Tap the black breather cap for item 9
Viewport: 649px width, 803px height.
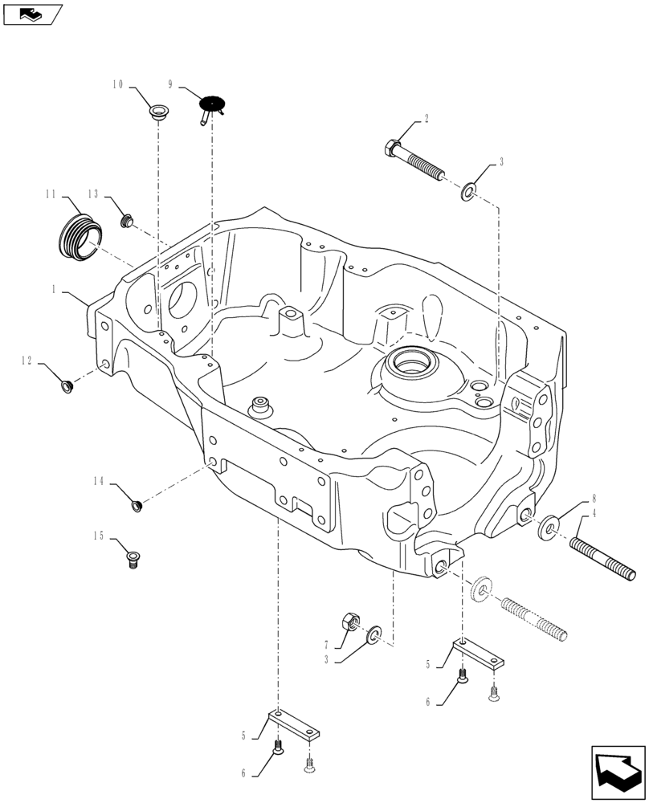tap(210, 105)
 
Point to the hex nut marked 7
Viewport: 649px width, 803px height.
tap(350, 622)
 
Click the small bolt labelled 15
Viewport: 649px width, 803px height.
tap(134, 559)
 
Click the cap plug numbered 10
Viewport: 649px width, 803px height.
tap(158, 110)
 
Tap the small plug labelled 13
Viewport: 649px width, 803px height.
tap(126, 219)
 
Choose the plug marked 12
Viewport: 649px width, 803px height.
tap(67, 388)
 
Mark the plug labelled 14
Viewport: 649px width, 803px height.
tap(137, 505)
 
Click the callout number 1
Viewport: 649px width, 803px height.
tap(53, 291)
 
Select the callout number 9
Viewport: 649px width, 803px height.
tap(171, 84)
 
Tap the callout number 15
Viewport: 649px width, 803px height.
tap(98, 536)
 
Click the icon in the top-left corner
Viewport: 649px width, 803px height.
tap(32, 13)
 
